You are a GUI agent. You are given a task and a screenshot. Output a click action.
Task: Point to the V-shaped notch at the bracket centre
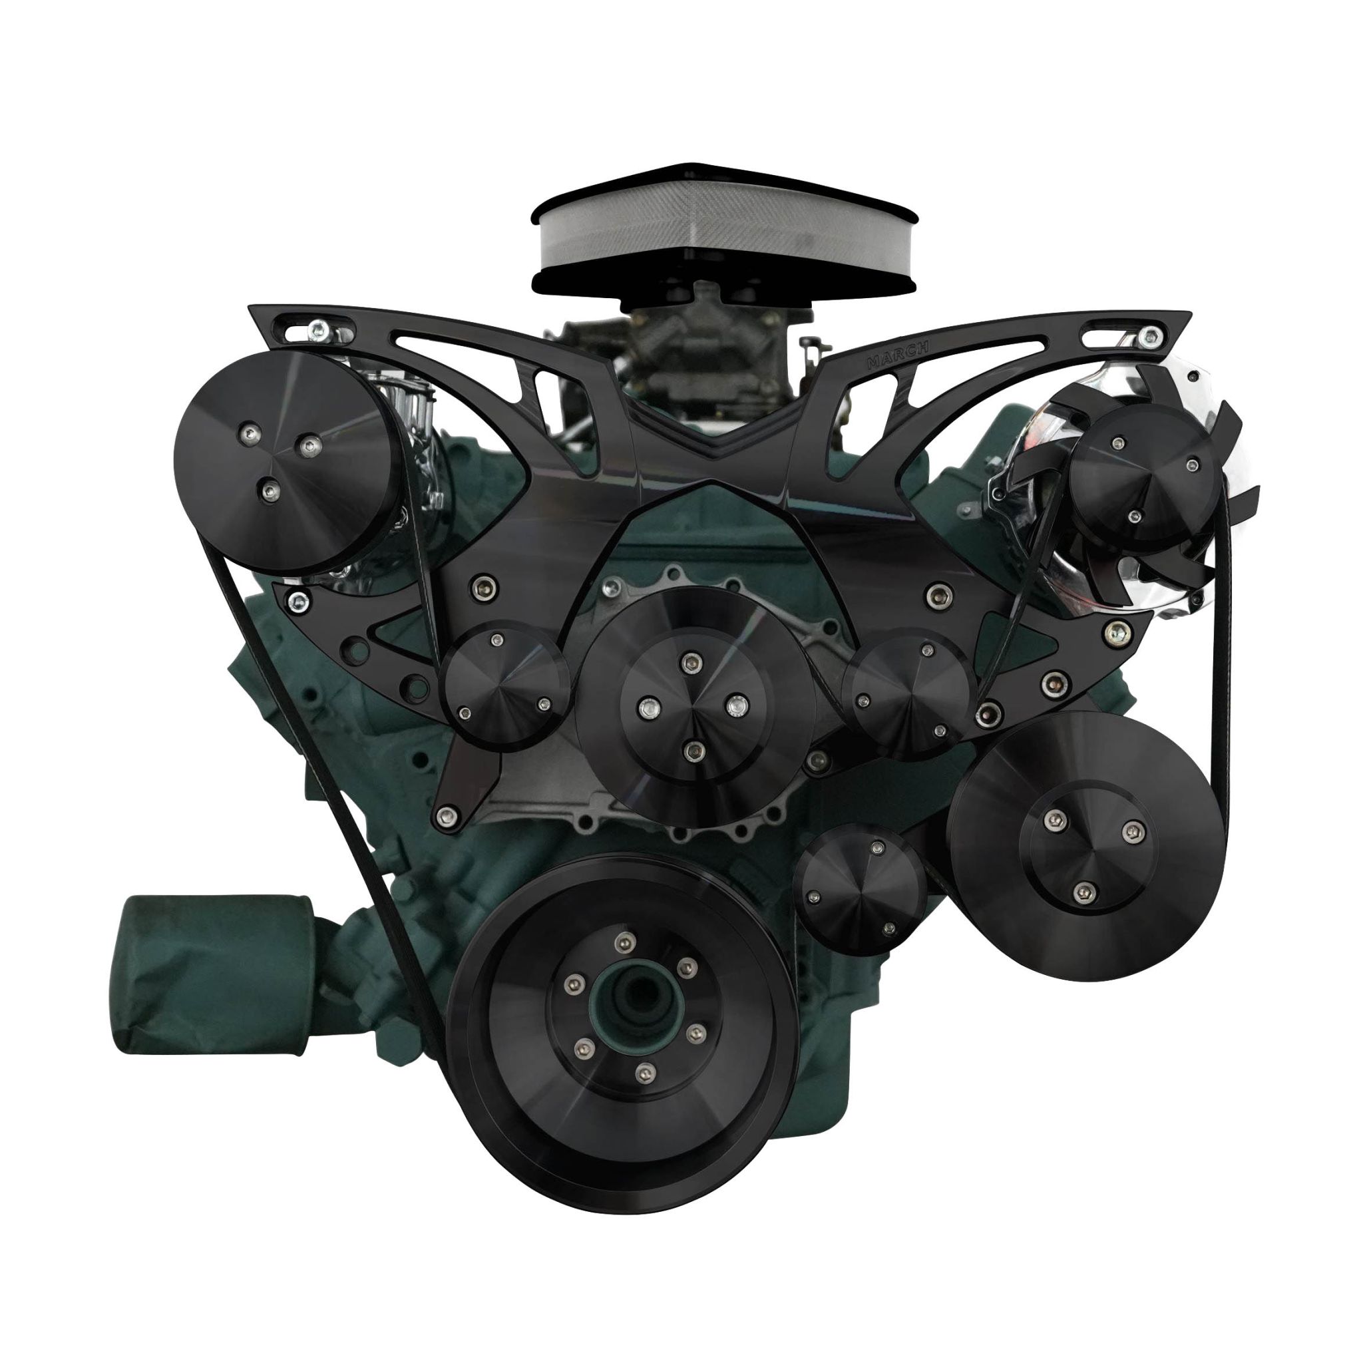pos(713,441)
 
